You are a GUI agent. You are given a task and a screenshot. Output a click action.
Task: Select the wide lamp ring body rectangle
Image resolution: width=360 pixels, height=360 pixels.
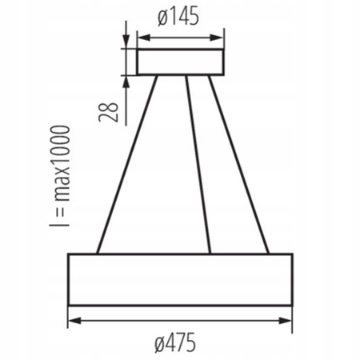tap(180, 279)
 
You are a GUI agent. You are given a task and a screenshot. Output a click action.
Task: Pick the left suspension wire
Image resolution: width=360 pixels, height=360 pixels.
tap(126, 164)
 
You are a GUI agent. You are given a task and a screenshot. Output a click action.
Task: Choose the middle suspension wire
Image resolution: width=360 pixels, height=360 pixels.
tap(198, 164)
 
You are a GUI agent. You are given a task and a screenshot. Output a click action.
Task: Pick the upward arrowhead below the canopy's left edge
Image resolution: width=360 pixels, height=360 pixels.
tap(126, 80)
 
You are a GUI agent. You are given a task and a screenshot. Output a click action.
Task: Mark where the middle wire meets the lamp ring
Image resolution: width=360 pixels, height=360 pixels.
tap(210, 253)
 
